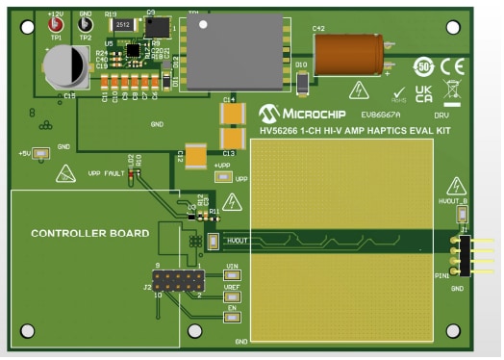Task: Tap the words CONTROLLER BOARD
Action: [x=89, y=234]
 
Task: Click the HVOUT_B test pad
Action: [x=461, y=214]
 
